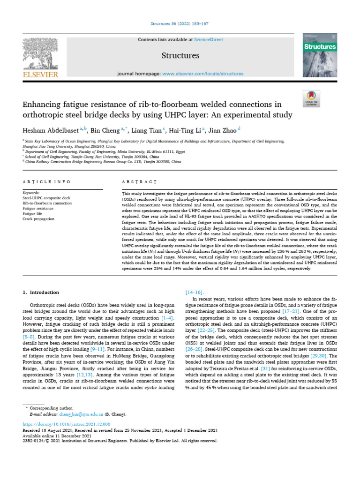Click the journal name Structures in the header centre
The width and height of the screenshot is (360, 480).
coord(180,56)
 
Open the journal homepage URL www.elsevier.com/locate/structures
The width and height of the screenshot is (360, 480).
coord(202,74)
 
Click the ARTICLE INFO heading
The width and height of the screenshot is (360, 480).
coord(46,181)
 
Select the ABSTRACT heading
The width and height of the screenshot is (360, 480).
coord(133,181)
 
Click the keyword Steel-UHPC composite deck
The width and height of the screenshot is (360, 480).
coord(46,198)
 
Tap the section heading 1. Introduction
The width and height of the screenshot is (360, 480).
coord(40,292)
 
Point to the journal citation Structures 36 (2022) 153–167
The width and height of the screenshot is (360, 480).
coord(180,23)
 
